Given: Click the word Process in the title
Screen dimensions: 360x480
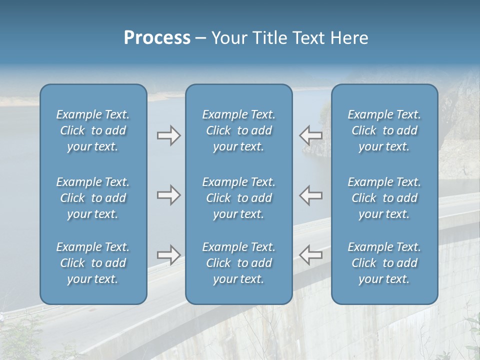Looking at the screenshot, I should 157,38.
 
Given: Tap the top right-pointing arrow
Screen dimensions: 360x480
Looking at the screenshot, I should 168,135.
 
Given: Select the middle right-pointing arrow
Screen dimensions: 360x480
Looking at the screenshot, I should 168,195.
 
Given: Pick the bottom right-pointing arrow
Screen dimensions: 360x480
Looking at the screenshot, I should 168,255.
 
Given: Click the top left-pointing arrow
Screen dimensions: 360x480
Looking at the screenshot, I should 310,135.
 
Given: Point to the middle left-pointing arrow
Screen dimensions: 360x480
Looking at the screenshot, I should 310,195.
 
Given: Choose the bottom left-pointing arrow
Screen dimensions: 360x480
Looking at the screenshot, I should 310,255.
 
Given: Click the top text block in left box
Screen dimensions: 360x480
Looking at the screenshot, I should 93,130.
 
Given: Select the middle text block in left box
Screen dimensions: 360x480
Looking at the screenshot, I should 93,198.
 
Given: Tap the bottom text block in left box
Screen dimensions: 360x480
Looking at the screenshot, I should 93,263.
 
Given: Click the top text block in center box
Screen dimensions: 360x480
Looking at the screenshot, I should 239,130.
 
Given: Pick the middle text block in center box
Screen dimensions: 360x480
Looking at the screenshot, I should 239,198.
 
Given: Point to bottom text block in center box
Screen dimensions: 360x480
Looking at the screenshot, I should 239,263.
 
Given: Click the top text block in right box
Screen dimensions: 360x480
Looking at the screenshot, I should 384,130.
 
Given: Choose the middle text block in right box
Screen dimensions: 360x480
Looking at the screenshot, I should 384,198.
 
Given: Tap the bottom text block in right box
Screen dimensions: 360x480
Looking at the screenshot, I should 384,263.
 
